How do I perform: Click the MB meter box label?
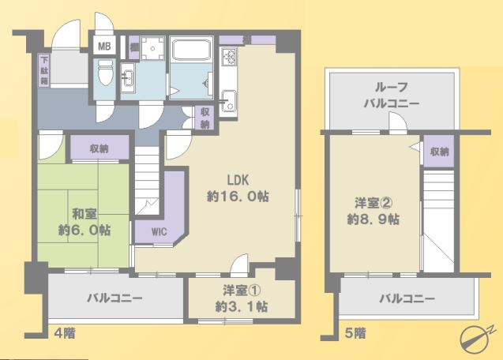[104, 47]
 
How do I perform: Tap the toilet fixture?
[105, 72]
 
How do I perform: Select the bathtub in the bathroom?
[191, 49]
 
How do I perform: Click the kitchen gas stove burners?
[229, 56]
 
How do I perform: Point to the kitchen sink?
[228, 99]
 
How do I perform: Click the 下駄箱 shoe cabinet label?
[44, 70]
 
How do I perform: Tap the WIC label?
[160, 231]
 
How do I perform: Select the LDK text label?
[238, 180]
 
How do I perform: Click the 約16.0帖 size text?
[238, 197]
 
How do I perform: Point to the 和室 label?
[84, 214]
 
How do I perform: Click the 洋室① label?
[242, 291]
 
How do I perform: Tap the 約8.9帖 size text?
[373, 219]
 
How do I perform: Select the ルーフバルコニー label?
[392, 96]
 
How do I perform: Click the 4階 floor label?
[65, 334]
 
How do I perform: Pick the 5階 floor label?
[355, 333]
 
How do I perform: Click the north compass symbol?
[476, 338]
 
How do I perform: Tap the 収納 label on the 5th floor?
[440, 152]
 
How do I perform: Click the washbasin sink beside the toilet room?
[128, 78]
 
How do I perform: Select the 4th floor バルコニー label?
[114, 298]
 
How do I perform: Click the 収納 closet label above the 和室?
[99, 148]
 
